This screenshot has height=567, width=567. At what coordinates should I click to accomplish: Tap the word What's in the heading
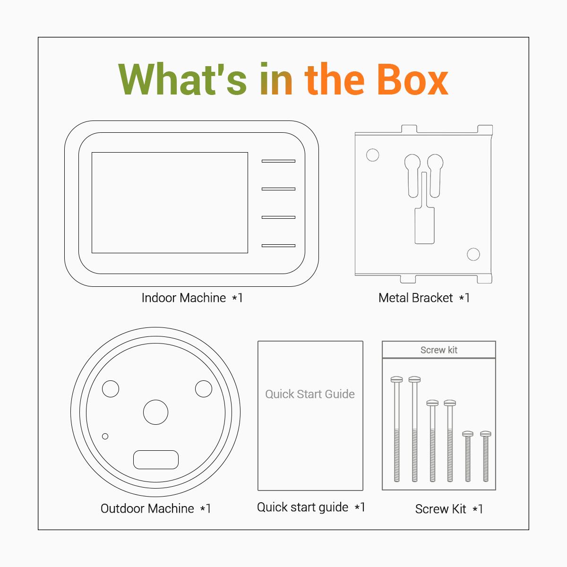182,79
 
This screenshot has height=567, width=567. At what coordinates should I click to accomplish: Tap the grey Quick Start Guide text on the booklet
310,394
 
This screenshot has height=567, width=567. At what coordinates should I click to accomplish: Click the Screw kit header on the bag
438,350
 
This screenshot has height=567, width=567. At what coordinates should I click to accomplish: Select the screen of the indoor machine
170,202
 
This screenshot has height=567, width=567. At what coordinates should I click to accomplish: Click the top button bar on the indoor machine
278,161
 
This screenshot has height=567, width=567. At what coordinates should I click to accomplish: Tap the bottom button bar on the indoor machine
278,245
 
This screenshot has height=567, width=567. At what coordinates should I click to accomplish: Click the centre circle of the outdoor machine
155,412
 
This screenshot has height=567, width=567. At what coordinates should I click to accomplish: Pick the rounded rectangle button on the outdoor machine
156,459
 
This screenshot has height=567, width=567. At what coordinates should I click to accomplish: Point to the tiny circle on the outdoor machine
105,436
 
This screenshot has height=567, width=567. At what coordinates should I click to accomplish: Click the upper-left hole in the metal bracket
372,155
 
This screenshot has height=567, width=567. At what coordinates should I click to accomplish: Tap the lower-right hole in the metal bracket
473,254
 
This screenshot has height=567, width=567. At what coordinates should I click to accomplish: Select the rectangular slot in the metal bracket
424,226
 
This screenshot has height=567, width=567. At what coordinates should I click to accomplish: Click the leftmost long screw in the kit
396,429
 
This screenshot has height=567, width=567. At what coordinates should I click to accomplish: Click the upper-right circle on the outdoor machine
204,389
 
